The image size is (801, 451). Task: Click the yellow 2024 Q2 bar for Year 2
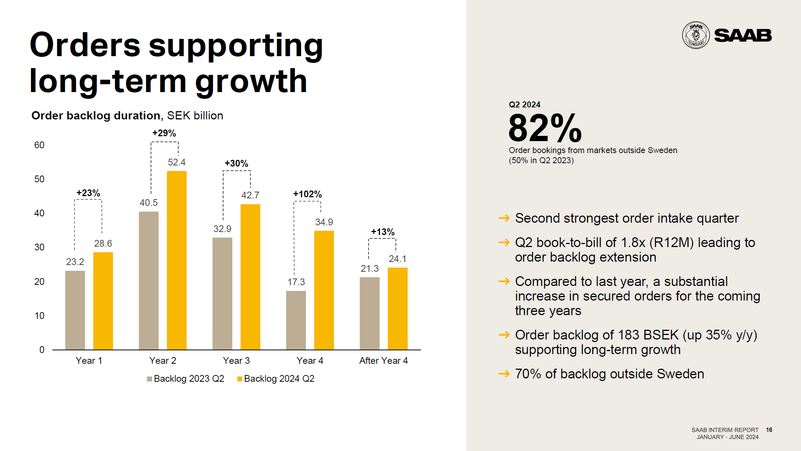click(x=176, y=260)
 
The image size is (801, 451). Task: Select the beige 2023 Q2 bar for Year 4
click(x=296, y=320)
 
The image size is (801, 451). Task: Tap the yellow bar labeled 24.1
click(x=397, y=308)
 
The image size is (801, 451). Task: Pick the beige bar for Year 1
click(x=75, y=310)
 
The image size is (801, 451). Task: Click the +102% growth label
click(x=307, y=194)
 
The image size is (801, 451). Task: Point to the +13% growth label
click(x=382, y=232)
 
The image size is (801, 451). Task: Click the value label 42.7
click(x=250, y=195)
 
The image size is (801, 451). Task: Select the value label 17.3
click(x=296, y=282)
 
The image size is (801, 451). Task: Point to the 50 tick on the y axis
click(x=39, y=179)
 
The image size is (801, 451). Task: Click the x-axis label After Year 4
click(x=383, y=360)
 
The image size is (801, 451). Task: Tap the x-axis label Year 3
click(x=236, y=360)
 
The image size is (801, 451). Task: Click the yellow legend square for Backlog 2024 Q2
click(x=240, y=379)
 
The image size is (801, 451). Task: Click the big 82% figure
click(x=545, y=128)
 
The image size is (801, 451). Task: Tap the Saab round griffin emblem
click(x=696, y=35)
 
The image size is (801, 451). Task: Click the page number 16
click(x=769, y=430)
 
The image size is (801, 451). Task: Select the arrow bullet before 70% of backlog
click(x=504, y=374)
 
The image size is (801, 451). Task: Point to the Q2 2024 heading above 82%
click(x=524, y=104)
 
